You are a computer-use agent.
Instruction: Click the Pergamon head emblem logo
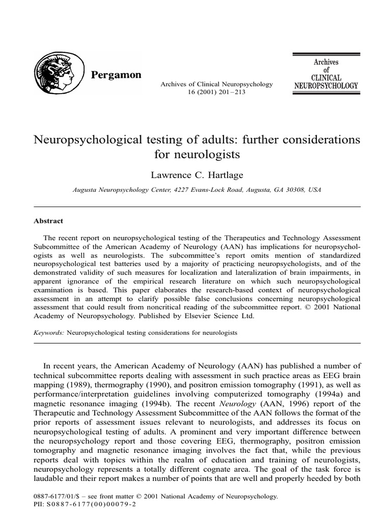(x=56, y=74)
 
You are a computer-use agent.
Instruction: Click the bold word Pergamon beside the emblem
(x=116, y=75)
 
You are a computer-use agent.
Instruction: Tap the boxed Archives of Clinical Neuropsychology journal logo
(x=326, y=74)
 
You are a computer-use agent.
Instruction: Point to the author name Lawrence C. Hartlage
(x=196, y=175)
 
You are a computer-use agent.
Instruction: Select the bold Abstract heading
(x=48, y=222)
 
